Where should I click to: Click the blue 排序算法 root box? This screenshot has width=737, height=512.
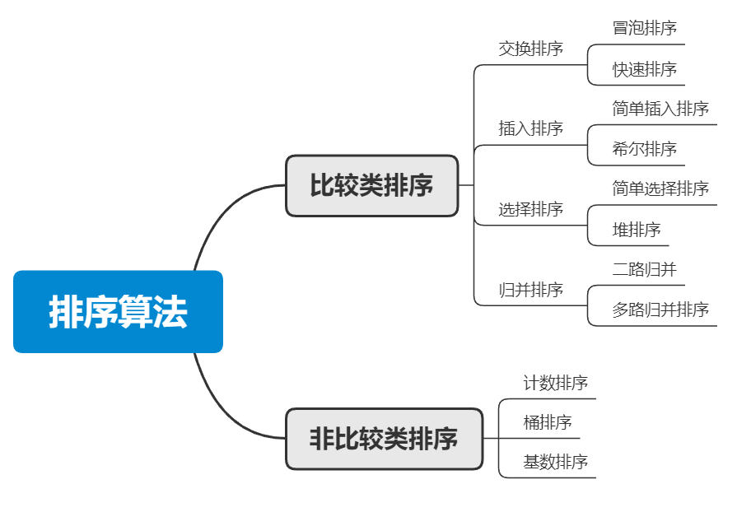click(x=118, y=312)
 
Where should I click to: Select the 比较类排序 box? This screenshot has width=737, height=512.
click(x=371, y=186)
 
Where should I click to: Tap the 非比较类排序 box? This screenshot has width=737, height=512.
click(x=384, y=439)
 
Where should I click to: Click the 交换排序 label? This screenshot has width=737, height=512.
click(x=530, y=49)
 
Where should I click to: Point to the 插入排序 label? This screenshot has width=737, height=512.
click(x=530, y=128)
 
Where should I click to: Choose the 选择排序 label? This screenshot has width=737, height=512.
click(x=530, y=209)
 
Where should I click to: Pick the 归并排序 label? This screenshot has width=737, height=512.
click(x=530, y=290)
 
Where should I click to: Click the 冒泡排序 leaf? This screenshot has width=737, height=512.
click(x=644, y=28)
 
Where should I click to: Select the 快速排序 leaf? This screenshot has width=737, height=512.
click(x=644, y=69)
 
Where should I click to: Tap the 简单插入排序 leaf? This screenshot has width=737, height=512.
click(x=660, y=109)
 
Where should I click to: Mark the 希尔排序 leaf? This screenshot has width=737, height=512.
click(x=644, y=149)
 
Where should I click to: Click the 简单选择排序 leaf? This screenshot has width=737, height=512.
click(x=660, y=189)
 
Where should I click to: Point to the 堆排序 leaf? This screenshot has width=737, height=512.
click(x=636, y=230)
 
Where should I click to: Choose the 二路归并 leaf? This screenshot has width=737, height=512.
click(x=644, y=269)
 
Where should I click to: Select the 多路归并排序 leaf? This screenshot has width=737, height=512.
click(x=660, y=310)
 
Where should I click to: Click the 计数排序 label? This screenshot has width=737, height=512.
click(x=555, y=383)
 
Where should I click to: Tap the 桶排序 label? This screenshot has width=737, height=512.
click(x=547, y=423)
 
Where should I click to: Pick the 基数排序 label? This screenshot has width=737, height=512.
click(x=555, y=462)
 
